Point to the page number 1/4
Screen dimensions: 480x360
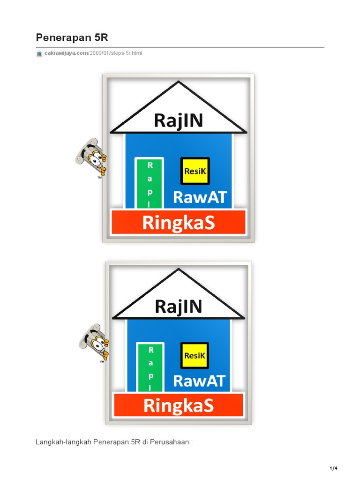(x=333, y=468)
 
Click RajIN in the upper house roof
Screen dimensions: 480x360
(x=178, y=121)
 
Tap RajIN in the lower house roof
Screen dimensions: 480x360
(x=178, y=307)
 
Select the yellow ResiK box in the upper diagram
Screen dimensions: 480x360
(x=195, y=171)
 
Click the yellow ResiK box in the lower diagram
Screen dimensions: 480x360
(x=195, y=356)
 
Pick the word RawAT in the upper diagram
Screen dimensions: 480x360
(x=196, y=197)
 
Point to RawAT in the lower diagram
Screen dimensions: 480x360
(x=199, y=381)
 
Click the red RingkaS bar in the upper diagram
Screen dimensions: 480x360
(x=178, y=223)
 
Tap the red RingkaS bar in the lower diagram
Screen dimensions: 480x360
(x=178, y=405)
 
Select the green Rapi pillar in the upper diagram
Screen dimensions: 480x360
(x=150, y=184)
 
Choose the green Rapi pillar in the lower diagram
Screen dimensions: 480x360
(x=150, y=367)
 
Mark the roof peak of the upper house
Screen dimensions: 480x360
(x=178, y=82)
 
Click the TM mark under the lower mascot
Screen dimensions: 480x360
(x=101, y=362)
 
